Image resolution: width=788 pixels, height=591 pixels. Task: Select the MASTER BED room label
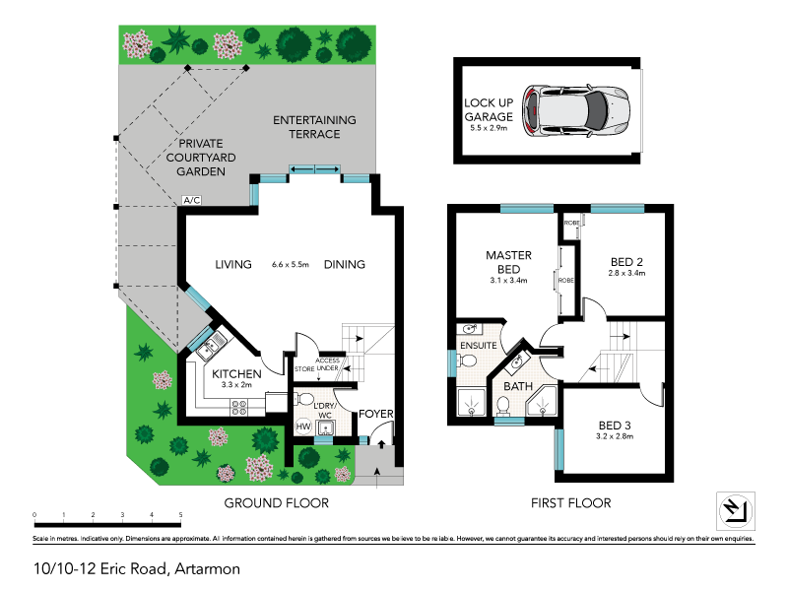tap(509, 261)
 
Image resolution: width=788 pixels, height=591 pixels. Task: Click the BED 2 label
tap(626, 261)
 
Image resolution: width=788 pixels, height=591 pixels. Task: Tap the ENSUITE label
tap(478, 346)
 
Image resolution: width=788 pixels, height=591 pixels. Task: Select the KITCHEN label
tap(236, 374)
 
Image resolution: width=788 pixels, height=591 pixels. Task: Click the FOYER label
tap(376, 415)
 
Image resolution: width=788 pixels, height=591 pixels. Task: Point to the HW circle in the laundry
tap(303, 427)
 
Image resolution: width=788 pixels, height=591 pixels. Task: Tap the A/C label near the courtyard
tap(191, 201)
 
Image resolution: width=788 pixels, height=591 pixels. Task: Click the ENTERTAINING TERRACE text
tap(314, 127)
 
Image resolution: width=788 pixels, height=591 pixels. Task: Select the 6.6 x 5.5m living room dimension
tap(290, 265)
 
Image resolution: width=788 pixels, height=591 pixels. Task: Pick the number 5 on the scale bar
tap(181, 515)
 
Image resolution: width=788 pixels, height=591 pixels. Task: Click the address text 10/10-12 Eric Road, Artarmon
tap(136, 568)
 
